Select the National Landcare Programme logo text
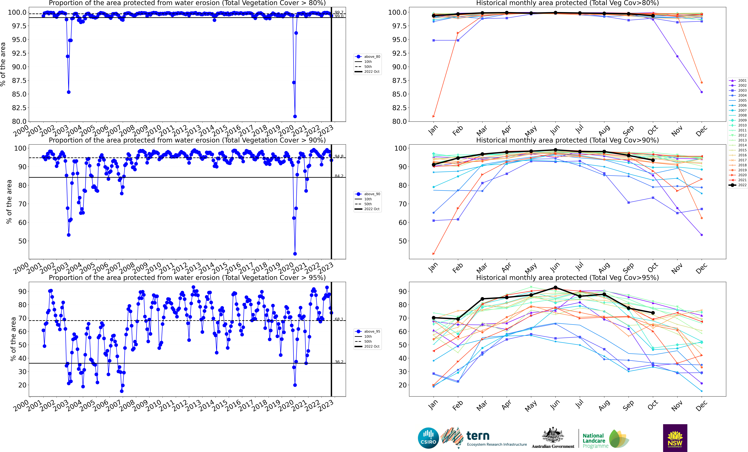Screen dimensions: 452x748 coord(595,441)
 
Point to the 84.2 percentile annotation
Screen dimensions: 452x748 coord(339,176)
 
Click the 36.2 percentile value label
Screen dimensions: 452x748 coord(339,362)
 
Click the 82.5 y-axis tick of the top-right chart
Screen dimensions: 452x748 coord(399,108)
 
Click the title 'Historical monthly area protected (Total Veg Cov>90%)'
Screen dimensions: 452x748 coord(567,140)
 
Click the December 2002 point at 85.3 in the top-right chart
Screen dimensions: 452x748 coord(702,92)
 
